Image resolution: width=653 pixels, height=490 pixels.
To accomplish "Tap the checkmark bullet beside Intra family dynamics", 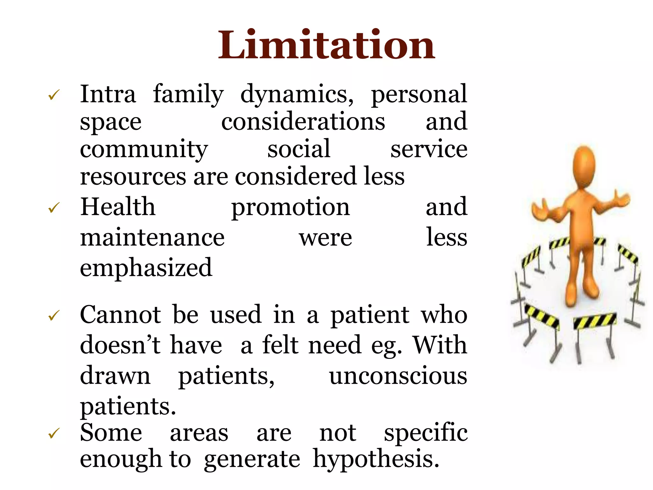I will (x=54, y=95).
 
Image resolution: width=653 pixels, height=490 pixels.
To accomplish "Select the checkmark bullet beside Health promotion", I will (x=54, y=208).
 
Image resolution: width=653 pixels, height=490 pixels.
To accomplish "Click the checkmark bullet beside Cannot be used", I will (x=54, y=316).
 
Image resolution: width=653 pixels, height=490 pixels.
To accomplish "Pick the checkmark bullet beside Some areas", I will (x=54, y=433).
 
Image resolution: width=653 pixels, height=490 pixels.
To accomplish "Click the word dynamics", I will (x=297, y=94).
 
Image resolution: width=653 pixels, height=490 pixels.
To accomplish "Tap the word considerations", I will (x=303, y=122).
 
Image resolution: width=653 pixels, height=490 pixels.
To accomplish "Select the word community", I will (x=143, y=149).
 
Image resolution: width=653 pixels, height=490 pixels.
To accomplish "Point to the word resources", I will (x=133, y=176).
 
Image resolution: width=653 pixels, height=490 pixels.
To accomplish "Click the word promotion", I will (x=290, y=207).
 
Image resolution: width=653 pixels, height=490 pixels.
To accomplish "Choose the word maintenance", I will (x=152, y=238).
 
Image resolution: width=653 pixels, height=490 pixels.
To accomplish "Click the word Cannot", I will (x=120, y=315).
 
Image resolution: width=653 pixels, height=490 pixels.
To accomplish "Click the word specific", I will (x=425, y=433).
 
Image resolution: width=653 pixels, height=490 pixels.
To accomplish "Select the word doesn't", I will (x=120, y=345).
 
